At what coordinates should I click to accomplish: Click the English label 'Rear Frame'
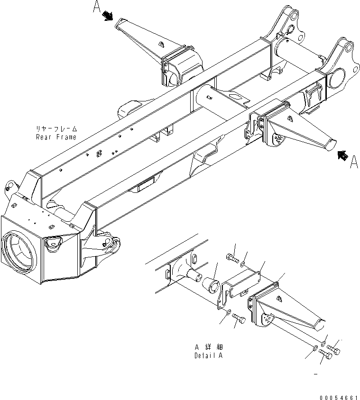click(x=56, y=137)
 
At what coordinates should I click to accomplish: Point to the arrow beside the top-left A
click(x=109, y=16)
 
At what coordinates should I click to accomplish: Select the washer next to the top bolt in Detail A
click(x=243, y=262)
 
